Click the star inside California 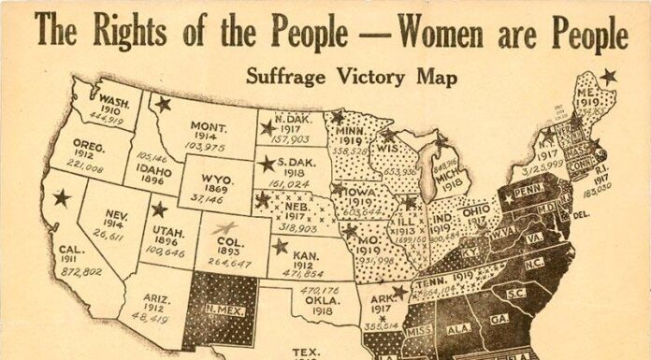(63, 197)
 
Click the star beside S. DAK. (269, 164)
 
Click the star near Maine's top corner (609, 76)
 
